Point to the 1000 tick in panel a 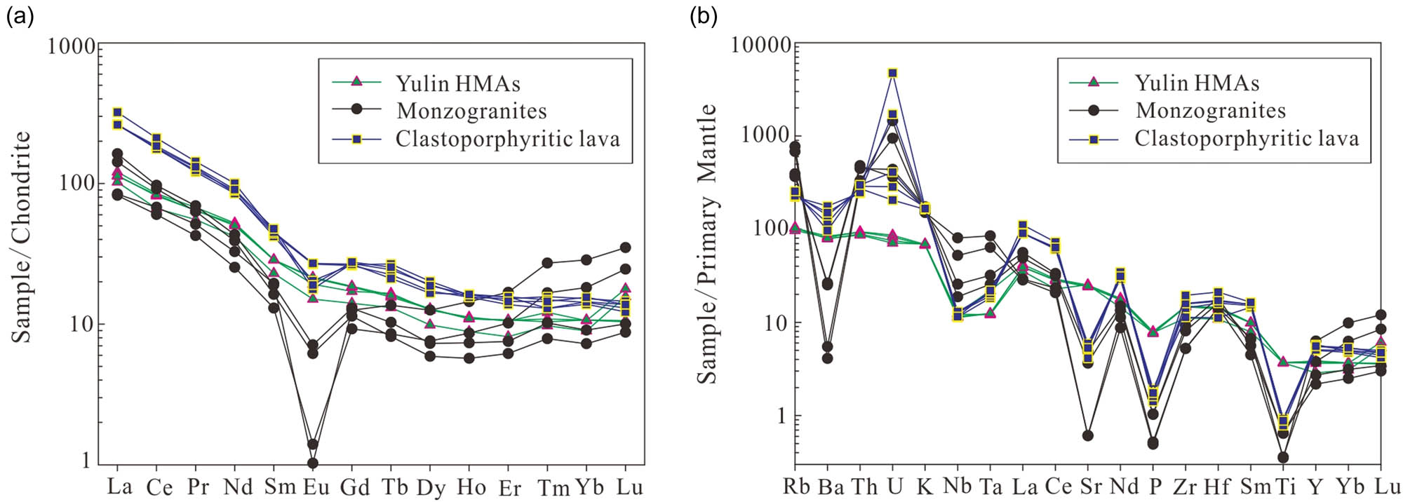point(71,47)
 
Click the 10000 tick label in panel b point(760,46)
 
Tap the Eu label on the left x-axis point(316,487)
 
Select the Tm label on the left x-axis point(553,487)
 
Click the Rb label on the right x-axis point(796,486)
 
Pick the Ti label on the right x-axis point(1284,486)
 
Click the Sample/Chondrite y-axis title point(22,237)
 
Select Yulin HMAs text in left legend point(458,84)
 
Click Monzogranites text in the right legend point(1211,111)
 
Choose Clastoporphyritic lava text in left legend point(508,139)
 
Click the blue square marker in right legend point(1093,140)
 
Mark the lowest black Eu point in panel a point(313,463)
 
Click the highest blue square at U point(892,73)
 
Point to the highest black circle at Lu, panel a point(625,247)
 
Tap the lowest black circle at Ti point(1283,457)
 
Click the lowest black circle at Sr point(1088,435)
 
